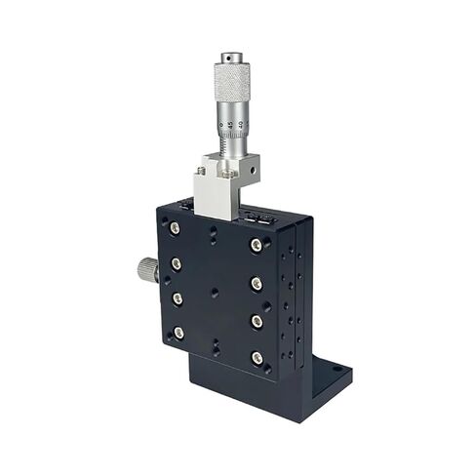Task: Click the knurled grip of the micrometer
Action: [232, 77]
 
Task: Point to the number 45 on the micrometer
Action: [230, 124]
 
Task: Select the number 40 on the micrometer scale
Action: [241, 124]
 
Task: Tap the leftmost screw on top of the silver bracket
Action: [200, 172]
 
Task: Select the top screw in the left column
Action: [175, 227]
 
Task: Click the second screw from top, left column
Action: [177, 263]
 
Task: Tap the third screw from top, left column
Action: [178, 298]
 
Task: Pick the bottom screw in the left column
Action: [178, 333]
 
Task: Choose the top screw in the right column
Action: [257, 245]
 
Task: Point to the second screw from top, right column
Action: [257, 284]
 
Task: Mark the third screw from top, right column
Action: [257, 321]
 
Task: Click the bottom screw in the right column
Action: [257, 358]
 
